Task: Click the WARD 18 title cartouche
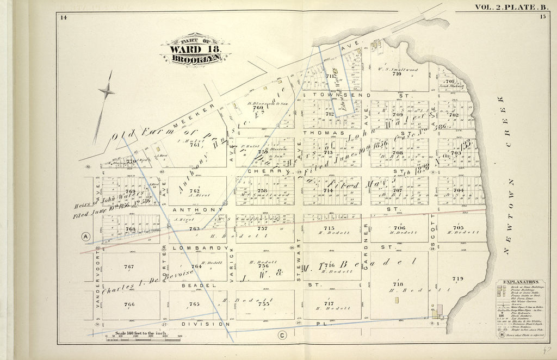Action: pos(195,51)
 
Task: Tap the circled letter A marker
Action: pos(85,236)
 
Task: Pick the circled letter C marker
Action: pos(282,335)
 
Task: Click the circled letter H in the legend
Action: pos(500,334)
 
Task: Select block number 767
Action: pos(128,266)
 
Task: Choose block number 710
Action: pos(396,73)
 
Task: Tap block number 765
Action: pos(194,304)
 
